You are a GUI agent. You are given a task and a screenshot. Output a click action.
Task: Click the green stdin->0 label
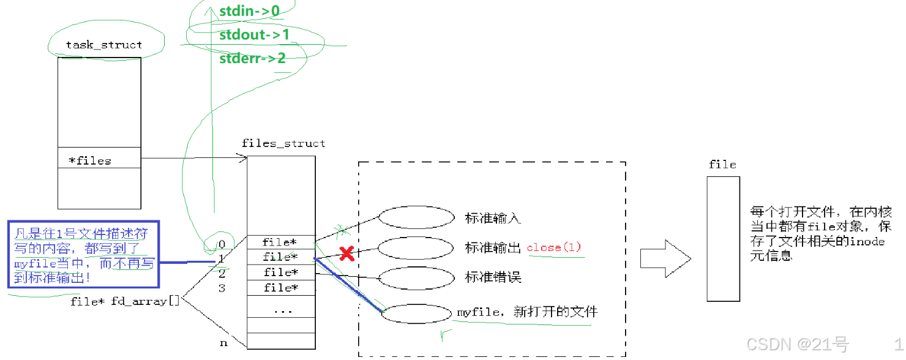coord(249,11)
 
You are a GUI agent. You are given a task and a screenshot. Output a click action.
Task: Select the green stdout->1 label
coord(254,35)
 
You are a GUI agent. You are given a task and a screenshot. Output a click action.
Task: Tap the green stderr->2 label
coord(252,59)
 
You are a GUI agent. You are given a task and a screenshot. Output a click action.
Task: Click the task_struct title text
coord(103,45)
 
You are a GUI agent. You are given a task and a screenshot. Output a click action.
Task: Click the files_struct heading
coord(283,144)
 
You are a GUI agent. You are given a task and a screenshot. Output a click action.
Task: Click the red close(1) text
coord(553,248)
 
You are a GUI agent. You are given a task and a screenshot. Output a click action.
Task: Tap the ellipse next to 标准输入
coord(416,217)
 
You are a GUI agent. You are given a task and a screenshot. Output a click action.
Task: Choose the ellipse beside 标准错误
coord(416,278)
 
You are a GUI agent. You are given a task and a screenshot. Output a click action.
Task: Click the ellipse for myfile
coord(416,313)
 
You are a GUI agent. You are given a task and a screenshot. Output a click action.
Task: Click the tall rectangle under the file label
coord(723,239)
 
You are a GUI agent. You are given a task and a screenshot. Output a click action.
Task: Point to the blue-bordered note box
coord(83,254)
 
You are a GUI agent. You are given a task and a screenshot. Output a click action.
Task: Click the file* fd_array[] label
coord(125,301)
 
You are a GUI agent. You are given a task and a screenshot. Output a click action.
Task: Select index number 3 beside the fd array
coord(223,288)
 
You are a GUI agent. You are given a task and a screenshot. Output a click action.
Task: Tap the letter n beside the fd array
coord(223,343)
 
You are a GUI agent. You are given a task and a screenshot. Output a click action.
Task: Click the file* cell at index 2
coord(281,272)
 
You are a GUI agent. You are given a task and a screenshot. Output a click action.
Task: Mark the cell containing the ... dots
coord(282,310)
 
